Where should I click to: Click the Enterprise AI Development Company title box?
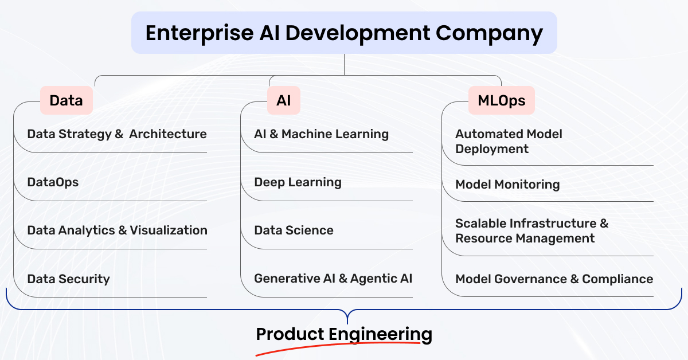pos(344,33)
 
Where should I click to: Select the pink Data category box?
pos(67,100)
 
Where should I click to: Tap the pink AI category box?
pos(283,100)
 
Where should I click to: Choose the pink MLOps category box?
pos(501,100)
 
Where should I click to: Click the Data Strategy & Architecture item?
pos(117,134)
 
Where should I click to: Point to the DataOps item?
pos(53,182)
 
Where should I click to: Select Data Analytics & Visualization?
pos(118,230)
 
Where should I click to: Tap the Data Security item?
pos(68,279)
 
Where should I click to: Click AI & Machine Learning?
pos(321,134)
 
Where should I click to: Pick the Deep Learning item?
pos(298,182)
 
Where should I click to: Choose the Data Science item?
pos(294,230)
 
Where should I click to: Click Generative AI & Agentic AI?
pos(333,279)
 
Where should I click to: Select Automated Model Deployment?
pos(509,141)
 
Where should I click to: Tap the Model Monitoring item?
pos(507,185)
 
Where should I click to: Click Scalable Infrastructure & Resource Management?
pos(531,230)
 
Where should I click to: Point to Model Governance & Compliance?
pos(554,279)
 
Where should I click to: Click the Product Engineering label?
pos(344,335)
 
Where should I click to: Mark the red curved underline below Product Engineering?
pos(338,345)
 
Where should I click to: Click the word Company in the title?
pos(489,33)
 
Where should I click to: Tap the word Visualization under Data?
pos(169,230)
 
